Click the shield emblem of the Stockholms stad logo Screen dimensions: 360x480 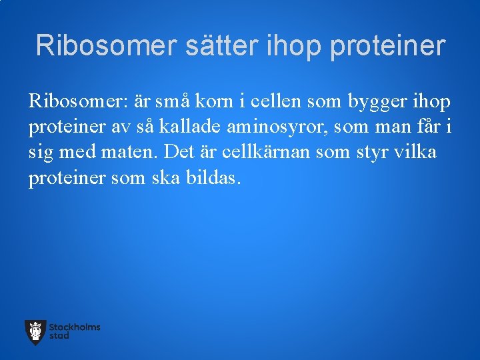point(35,332)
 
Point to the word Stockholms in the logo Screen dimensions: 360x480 point(75,327)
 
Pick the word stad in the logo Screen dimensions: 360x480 point(59,336)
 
